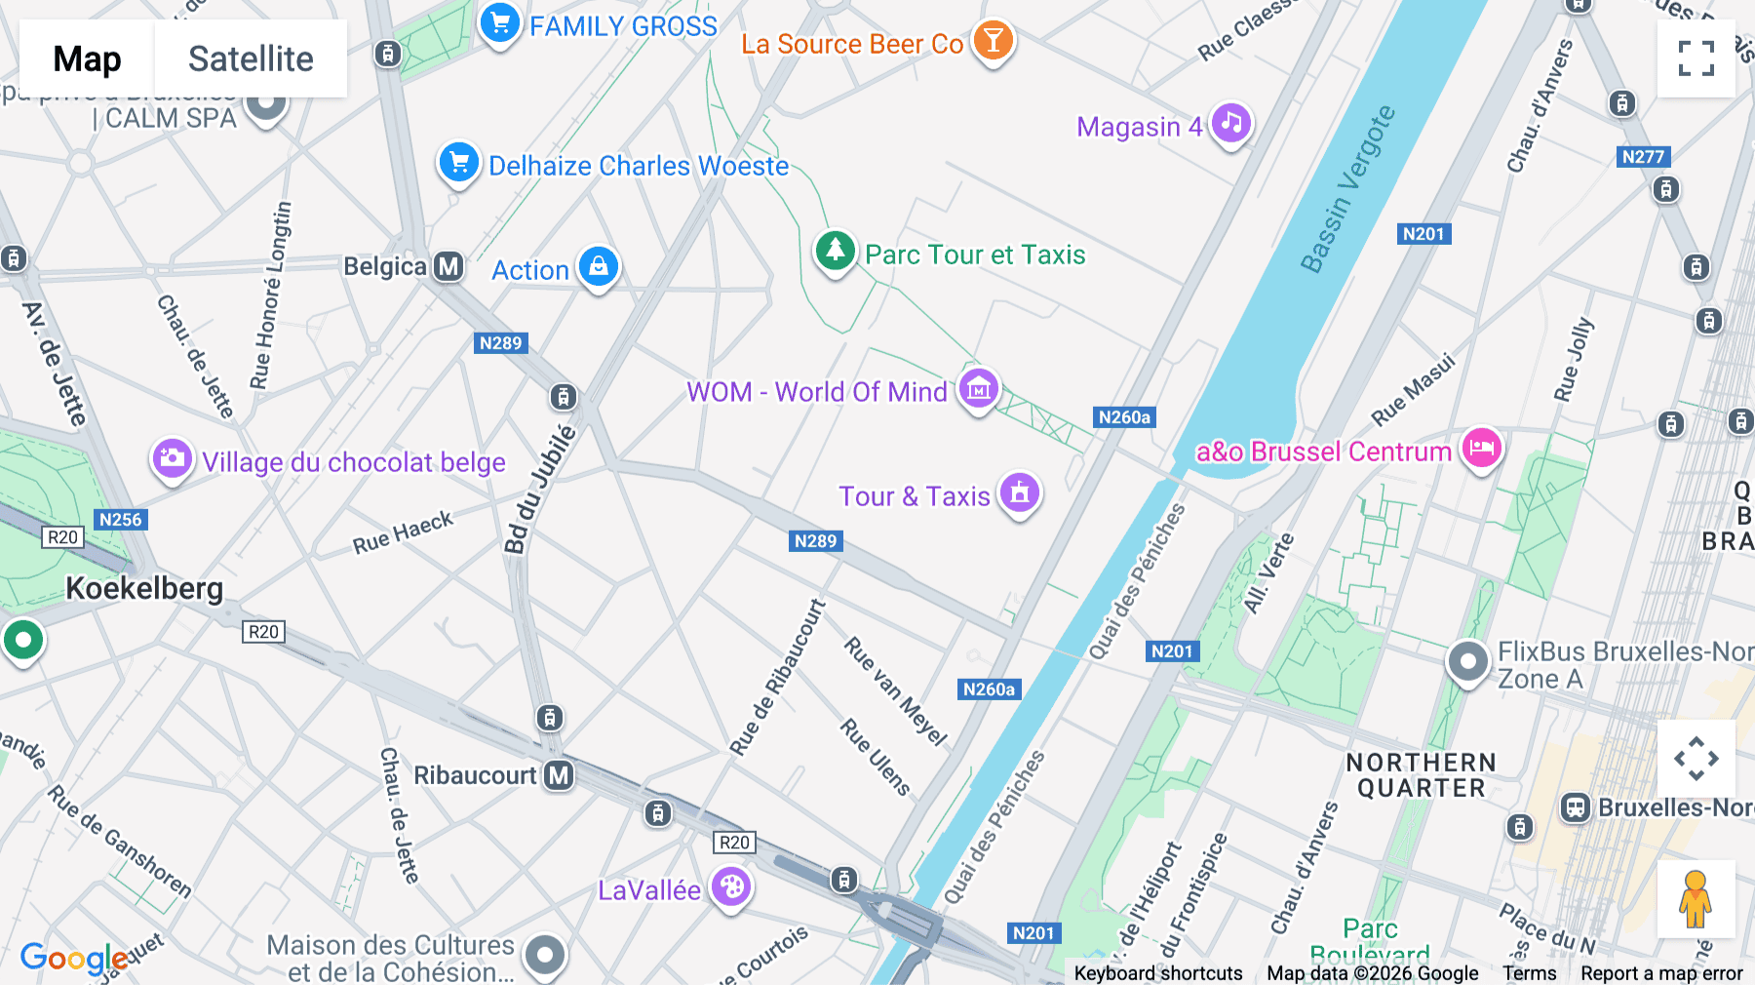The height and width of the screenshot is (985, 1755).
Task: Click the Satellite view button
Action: pos(251,59)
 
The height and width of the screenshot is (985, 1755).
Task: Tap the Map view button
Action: pos(87,59)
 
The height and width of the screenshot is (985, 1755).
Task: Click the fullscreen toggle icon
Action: pos(1696,59)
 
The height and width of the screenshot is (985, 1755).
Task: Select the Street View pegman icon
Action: pos(1696,898)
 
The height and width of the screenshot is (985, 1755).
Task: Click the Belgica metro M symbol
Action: pos(448,266)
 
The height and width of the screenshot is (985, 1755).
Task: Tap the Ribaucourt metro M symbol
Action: pos(559,775)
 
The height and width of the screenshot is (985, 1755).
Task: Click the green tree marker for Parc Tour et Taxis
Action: pos(835,251)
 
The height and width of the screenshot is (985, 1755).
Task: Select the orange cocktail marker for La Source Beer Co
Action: pos(993,41)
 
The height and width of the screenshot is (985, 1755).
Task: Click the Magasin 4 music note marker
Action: pos(1231,124)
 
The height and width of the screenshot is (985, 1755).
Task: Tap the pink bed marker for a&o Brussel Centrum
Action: pos(1481,449)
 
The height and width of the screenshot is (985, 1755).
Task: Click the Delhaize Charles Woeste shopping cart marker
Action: pos(458,163)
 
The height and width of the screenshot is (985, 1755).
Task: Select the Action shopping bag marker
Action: pos(598,266)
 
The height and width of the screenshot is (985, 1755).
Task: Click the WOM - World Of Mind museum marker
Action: pos(978,389)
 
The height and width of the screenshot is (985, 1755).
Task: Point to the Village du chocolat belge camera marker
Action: pos(172,458)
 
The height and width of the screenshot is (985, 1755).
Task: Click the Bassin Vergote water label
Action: pos(1347,189)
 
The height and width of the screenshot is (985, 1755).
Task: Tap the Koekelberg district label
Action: pos(144,588)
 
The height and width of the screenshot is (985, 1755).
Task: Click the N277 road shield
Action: pos(1643,157)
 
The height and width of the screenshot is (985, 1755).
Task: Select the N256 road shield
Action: pos(121,520)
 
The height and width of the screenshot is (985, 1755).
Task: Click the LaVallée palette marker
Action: pos(731,886)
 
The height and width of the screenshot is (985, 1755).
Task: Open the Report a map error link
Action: pos(1660,973)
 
